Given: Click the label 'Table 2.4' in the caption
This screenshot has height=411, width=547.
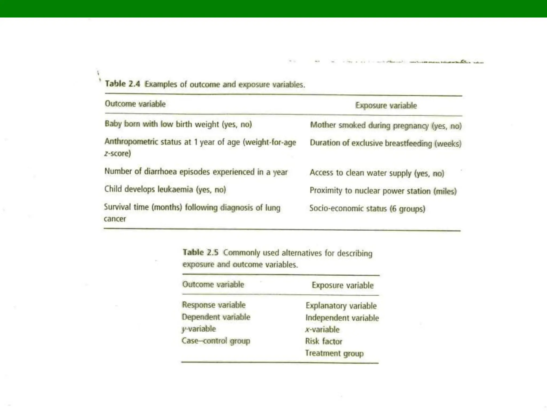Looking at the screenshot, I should point(123,84).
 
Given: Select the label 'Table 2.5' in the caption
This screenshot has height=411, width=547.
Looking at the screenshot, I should point(200,252).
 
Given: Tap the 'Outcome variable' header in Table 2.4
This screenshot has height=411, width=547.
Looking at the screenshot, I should point(135,104).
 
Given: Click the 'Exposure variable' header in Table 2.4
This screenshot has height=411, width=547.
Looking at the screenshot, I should point(386,105).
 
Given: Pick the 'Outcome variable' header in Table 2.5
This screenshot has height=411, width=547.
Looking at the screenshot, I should point(213,284).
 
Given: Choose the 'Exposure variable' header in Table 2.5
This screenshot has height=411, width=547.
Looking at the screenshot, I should point(343,285).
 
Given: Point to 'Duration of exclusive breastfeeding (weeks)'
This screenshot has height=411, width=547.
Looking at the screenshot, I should point(385,143).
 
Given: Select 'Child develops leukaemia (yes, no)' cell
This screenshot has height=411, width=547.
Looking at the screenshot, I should point(165,189).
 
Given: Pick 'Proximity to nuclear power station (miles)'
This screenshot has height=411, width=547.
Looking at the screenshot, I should point(383,191).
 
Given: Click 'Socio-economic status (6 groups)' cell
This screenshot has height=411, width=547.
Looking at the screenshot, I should point(367,208).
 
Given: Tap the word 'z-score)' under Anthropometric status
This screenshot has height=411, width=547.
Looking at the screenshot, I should point(118,154).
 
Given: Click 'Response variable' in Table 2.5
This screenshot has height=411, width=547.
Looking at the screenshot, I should point(214,305).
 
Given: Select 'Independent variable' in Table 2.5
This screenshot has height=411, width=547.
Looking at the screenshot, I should point(342,318).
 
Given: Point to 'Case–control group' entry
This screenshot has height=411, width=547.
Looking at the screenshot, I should point(216,341).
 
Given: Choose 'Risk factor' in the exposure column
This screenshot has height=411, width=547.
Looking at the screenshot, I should point(324,341).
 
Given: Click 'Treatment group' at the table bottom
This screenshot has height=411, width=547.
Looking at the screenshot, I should point(334,353).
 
